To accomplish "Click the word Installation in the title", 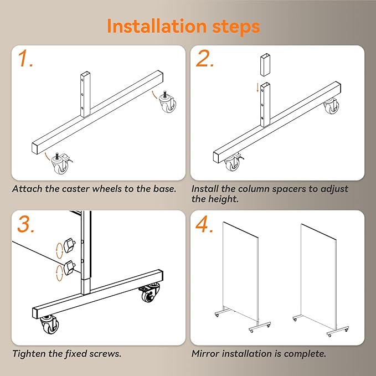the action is [157, 26].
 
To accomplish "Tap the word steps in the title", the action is [236, 27].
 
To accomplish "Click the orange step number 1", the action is [25, 58].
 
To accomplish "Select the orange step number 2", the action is [204, 58].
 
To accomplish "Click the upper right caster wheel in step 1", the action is [167, 102].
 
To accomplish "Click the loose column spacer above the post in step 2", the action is [265, 65].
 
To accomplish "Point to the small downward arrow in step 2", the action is [257, 87].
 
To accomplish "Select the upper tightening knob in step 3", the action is [70, 245].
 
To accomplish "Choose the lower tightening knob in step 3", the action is [70, 267].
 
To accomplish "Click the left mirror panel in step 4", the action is [240, 272].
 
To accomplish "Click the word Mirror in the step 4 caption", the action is [205, 354].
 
